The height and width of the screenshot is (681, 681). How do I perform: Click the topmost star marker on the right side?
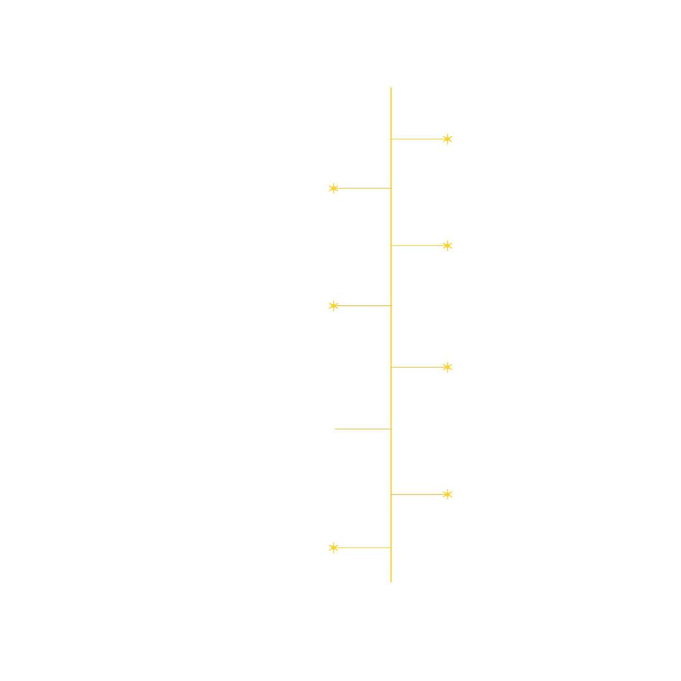pos(447,139)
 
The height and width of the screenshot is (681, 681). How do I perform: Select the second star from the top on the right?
pos(447,245)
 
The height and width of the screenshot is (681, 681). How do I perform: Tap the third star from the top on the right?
pos(447,367)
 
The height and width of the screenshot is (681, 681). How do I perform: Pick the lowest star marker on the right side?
pos(447,494)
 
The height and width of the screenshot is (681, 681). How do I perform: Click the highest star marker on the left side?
pos(334,188)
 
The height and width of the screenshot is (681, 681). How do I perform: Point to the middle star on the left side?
pos(334,306)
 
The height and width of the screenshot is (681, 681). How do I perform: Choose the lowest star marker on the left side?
pos(334,547)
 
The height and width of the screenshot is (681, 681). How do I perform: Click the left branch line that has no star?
pos(363,429)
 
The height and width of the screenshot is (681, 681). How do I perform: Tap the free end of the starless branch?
pos(335,429)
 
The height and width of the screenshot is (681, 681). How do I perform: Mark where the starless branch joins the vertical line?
pos(391,429)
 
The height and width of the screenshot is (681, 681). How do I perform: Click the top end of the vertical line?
pos(391,88)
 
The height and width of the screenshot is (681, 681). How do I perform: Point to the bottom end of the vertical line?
pos(391,581)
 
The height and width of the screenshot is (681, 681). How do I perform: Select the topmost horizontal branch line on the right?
pos(419,139)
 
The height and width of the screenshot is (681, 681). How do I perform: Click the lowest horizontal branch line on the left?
pos(363,547)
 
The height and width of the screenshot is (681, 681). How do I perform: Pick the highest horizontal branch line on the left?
pos(363,188)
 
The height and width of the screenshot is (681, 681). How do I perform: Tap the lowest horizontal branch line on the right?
pos(419,494)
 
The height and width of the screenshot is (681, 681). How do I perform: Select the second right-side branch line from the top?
pos(419,245)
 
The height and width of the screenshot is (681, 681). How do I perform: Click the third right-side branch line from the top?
pos(419,367)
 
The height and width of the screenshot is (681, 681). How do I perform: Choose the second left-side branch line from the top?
pos(363,306)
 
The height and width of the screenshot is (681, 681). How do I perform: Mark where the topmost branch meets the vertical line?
pos(391,139)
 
